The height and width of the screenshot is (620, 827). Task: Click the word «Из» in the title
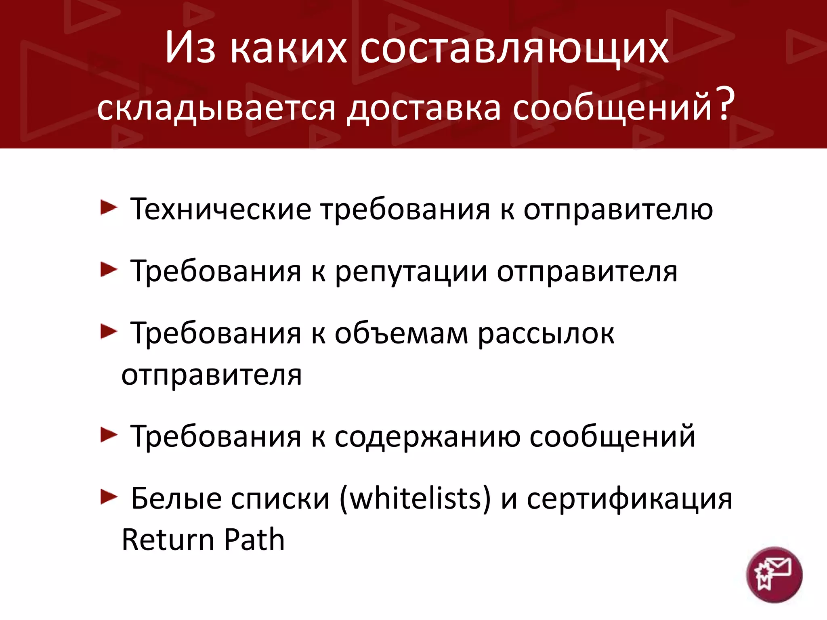click(190, 48)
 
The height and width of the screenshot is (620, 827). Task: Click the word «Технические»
click(220, 209)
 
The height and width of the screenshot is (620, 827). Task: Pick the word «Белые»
click(176, 499)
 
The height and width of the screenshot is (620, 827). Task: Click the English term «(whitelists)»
click(415, 499)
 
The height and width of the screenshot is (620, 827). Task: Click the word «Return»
click(167, 540)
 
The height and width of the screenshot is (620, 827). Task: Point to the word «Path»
click(254, 540)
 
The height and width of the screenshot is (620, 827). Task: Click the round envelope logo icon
click(774, 575)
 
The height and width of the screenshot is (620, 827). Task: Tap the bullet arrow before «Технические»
click(108, 208)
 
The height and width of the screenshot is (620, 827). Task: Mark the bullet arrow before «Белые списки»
click(108, 497)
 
